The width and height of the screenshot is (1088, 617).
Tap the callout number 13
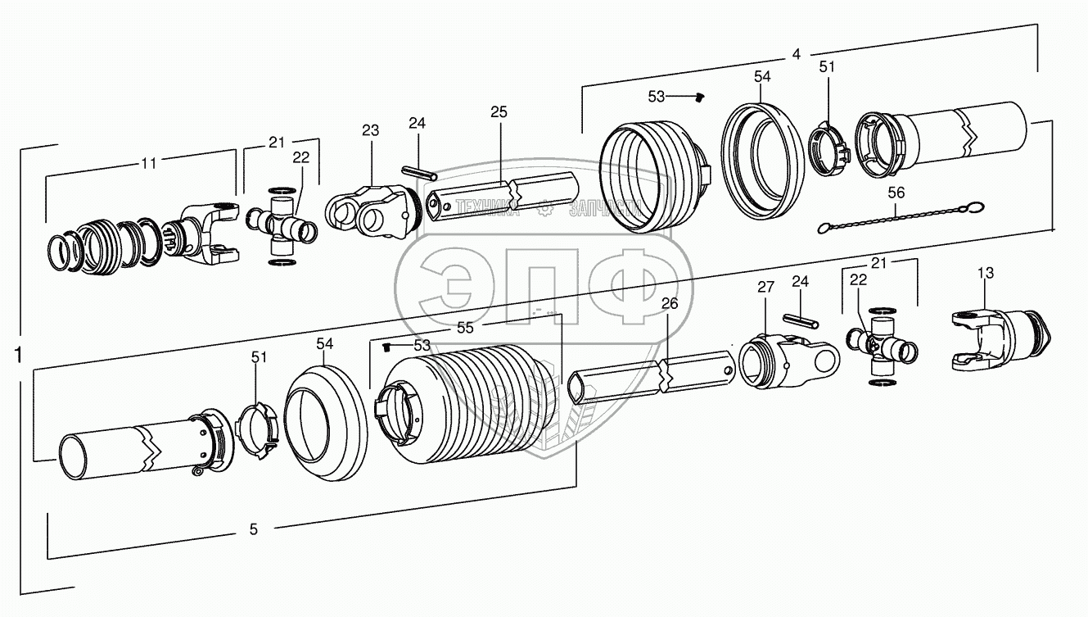tap(985, 272)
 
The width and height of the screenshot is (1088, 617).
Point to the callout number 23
tap(370, 129)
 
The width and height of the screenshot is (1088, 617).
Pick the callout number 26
tap(670, 304)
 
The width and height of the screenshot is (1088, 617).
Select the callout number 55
tap(466, 328)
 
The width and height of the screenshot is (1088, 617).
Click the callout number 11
tap(148, 163)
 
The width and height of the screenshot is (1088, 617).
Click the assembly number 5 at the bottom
tap(254, 530)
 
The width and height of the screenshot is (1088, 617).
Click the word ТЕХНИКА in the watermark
tap(488, 209)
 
